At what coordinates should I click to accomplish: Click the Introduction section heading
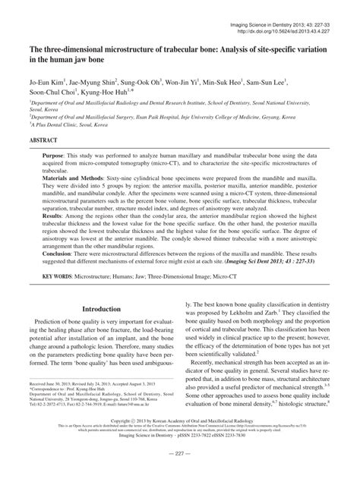[103, 331]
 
